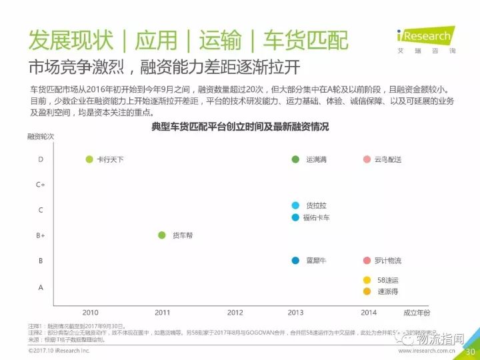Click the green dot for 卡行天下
point(89,159)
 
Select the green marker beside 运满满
point(295,159)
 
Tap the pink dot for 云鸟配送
point(367,159)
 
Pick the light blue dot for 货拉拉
point(295,205)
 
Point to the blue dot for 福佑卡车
point(295,217)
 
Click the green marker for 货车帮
point(161,235)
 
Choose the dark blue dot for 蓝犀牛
point(295,261)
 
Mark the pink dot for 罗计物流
point(367,261)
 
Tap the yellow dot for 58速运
point(367,280)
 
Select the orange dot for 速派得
point(367,291)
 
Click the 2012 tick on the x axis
point(235,312)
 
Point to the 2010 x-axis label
point(90,312)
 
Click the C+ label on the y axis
point(40,185)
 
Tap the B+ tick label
point(40,235)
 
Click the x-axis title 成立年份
point(417,312)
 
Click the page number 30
point(469,352)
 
